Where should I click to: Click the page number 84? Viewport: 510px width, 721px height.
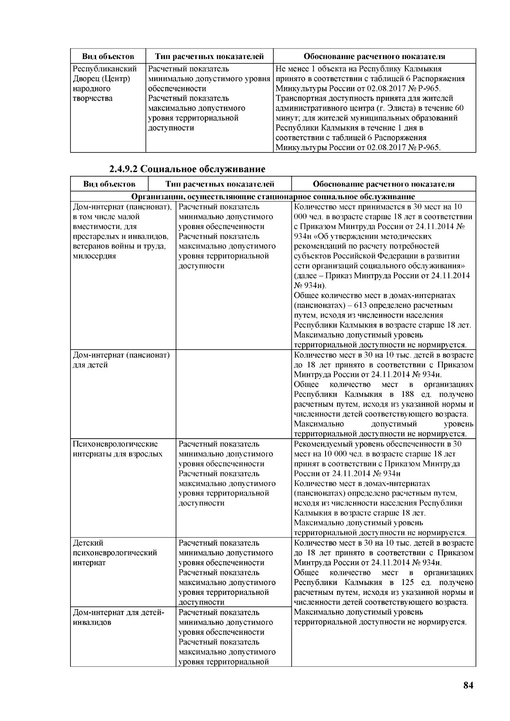(x=468, y=685)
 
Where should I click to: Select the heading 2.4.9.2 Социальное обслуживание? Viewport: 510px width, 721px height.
(x=187, y=169)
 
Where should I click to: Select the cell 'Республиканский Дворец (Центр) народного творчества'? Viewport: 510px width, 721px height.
(x=105, y=84)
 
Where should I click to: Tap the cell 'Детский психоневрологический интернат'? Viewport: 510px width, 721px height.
(x=115, y=553)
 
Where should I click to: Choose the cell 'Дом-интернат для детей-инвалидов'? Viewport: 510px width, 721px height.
(x=119, y=617)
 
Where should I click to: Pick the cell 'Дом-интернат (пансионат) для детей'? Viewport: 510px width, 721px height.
(x=121, y=360)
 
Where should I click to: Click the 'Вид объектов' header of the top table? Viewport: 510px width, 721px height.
(x=108, y=57)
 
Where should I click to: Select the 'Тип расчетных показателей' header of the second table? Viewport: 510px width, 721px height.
(x=220, y=184)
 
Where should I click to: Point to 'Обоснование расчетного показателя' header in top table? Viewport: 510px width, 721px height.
(x=374, y=57)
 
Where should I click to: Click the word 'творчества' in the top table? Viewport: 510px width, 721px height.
(x=93, y=99)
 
